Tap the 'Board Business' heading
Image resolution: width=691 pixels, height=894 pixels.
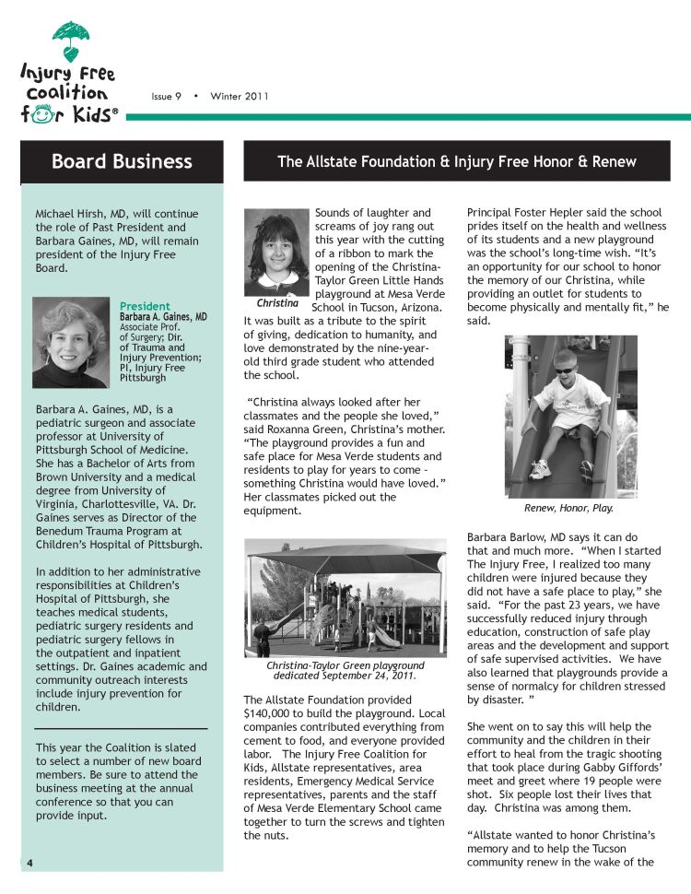[x=122, y=162]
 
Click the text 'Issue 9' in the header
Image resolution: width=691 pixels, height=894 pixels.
[x=166, y=97]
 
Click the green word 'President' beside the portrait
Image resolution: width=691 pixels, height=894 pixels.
[x=145, y=306]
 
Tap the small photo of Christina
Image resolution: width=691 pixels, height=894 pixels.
[x=276, y=250]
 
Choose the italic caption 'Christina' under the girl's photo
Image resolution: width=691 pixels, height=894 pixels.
[x=276, y=302]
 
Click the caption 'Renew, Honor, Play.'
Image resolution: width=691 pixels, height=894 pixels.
[x=568, y=508]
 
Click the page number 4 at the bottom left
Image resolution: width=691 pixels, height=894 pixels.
[x=29, y=863]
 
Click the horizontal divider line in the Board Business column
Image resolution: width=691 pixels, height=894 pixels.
[x=121, y=728]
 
